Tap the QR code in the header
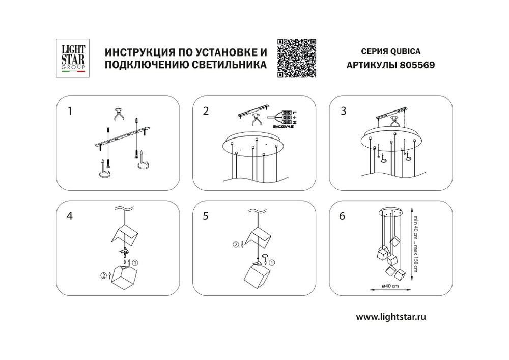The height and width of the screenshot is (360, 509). click(x=296, y=58)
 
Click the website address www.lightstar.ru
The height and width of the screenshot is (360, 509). click(x=390, y=316)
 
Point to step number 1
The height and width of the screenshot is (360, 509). click(x=71, y=110)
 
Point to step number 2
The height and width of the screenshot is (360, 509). click(x=206, y=112)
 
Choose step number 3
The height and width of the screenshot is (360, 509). click(x=343, y=112)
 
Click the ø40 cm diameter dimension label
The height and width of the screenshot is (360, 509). click(x=389, y=287)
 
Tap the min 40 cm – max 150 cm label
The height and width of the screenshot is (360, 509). click(x=416, y=243)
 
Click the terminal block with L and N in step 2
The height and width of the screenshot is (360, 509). click(x=287, y=119)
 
